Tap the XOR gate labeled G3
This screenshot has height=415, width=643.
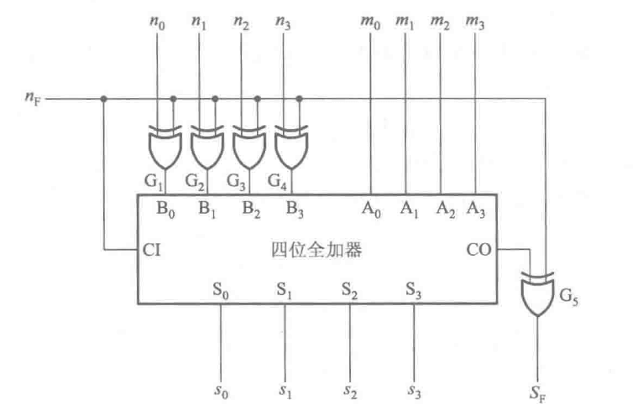click(x=246, y=146)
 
